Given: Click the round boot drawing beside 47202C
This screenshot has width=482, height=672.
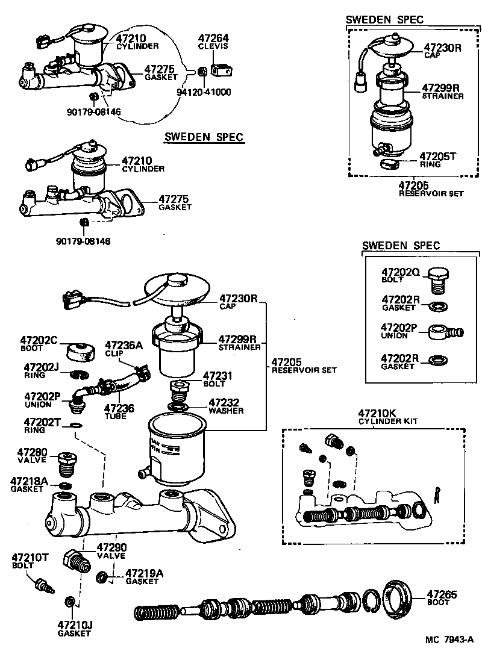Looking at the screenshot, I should point(80,351).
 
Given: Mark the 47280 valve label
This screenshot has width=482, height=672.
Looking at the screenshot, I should point(31,455).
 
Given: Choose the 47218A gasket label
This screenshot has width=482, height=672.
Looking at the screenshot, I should point(29,485).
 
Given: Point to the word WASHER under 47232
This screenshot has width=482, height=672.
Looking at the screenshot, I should point(226,411).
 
